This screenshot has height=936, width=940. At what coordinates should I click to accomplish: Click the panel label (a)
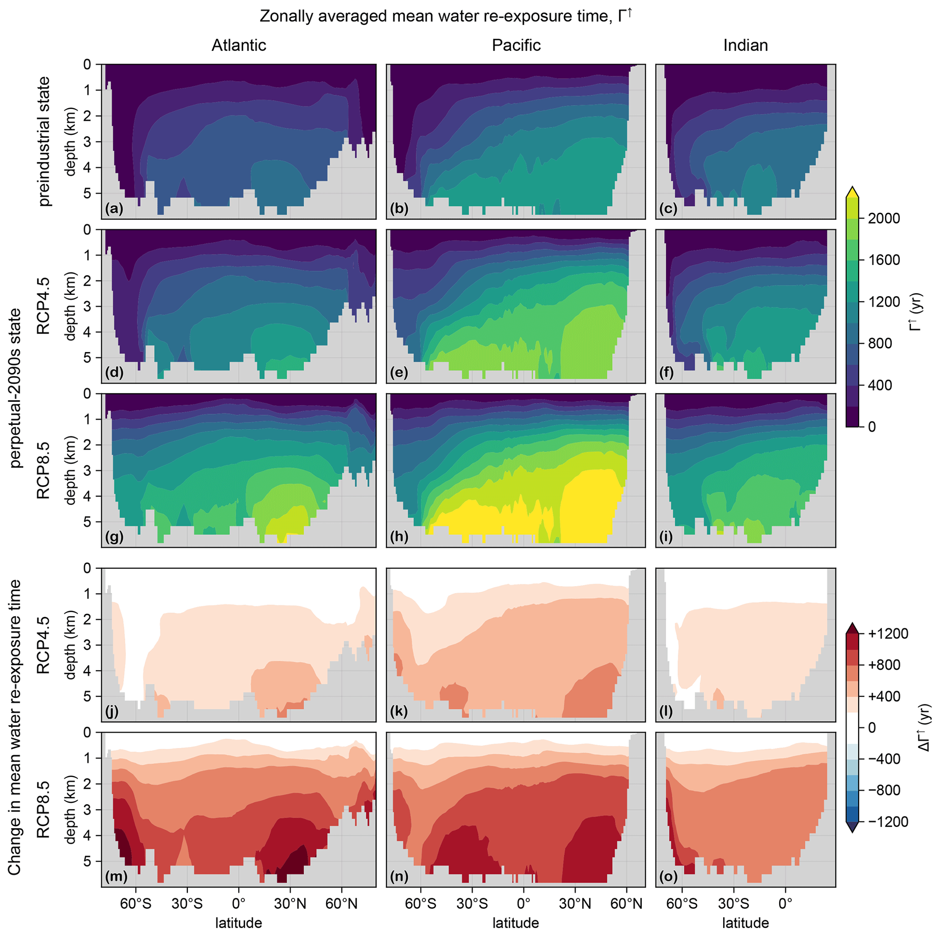point(114,209)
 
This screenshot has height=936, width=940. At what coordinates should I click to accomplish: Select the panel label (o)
point(669,876)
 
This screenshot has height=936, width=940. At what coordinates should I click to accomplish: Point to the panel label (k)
point(399,712)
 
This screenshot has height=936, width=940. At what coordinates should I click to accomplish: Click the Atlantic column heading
point(239,45)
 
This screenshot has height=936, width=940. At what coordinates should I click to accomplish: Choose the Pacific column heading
point(516,45)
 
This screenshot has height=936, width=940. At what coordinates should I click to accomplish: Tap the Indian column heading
point(745,45)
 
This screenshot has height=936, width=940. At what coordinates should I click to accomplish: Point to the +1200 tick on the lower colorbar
point(888,633)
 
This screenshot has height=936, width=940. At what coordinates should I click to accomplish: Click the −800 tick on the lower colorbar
point(884,790)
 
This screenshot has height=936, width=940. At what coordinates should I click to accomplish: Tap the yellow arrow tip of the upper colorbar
point(852,192)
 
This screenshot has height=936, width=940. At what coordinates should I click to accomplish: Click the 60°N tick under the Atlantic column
point(342,904)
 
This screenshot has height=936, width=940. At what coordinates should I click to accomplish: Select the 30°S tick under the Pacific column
point(472,904)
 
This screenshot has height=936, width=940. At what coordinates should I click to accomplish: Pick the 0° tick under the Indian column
point(785,904)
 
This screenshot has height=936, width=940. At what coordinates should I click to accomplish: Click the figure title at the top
point(446,16)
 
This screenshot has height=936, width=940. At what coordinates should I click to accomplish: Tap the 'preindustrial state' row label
point(44,141)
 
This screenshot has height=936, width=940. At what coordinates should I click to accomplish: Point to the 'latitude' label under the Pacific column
point(516,922)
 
